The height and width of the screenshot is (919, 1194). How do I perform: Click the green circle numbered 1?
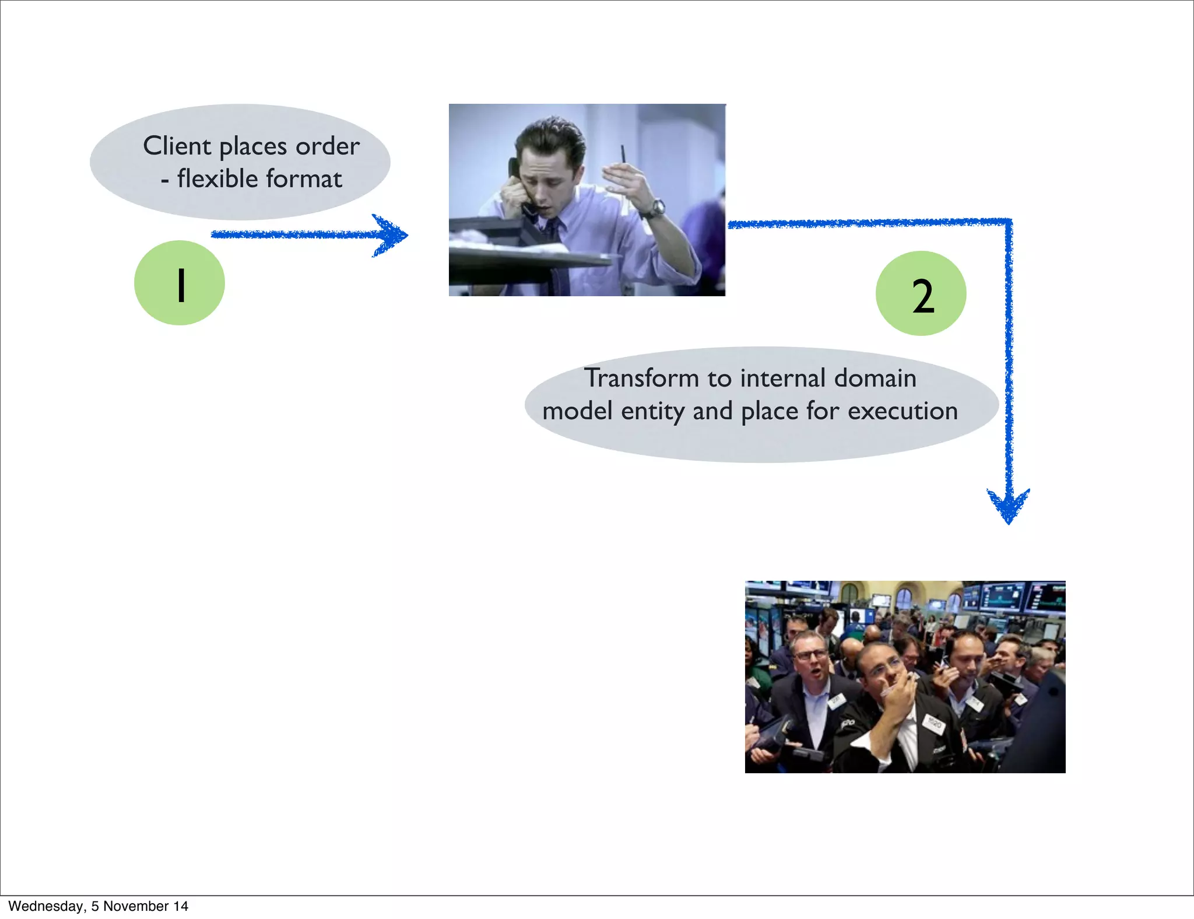[180, 283]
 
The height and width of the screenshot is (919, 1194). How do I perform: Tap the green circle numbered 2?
[921, 293]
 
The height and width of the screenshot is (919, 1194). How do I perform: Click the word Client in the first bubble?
[177, 146]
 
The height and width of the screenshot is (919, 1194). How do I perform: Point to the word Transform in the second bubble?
[641, 378]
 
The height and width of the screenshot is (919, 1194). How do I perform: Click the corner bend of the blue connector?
[1009, 222]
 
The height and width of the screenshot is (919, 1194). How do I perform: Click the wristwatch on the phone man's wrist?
[656, 207]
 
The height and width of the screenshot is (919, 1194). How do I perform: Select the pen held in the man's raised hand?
[623, 155]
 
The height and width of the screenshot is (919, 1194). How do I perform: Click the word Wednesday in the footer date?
[45, 906]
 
